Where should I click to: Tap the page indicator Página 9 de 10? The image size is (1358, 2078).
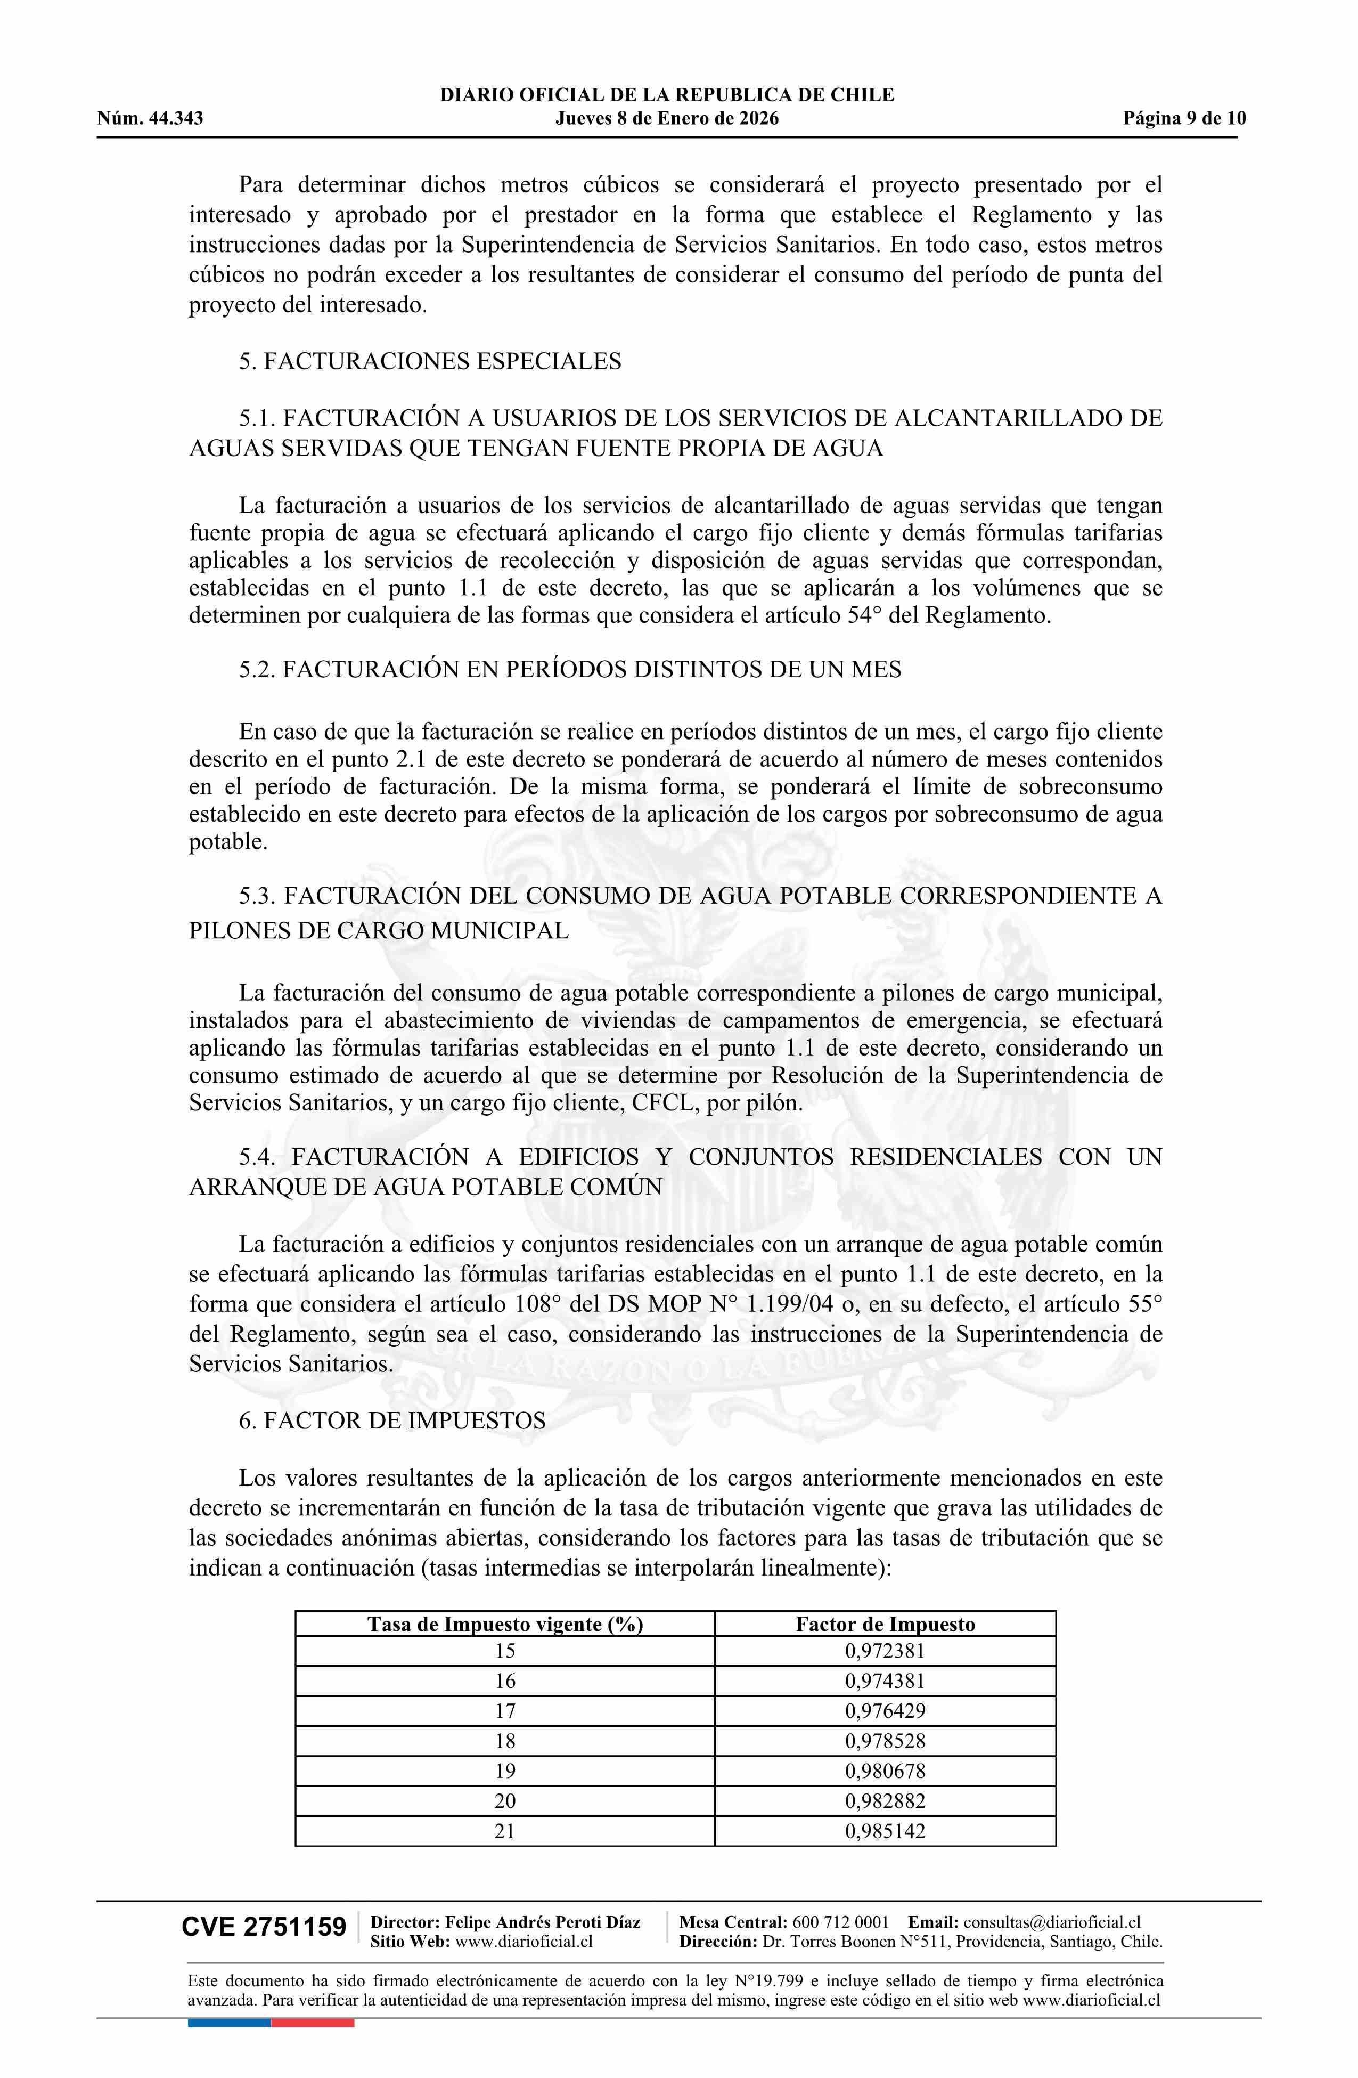coord(1184,119)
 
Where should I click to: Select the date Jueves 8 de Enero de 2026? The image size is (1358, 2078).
coord(667,119)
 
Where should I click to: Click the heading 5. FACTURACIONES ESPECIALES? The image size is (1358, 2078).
coord(430,361)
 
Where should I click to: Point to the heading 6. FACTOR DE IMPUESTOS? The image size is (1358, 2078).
coord(392,1420)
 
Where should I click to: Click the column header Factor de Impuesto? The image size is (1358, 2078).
coord(885,1624)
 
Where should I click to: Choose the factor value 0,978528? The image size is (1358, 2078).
coord(885,1741)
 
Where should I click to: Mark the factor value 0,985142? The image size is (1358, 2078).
coord(885,1831)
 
